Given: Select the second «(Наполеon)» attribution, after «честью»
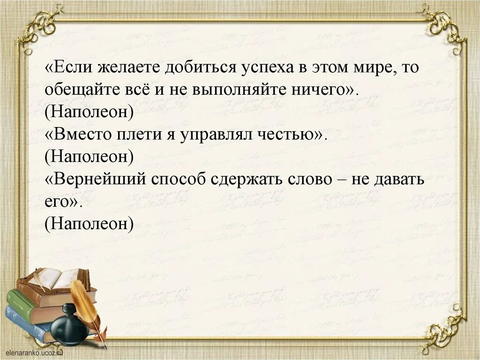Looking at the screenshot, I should (89, 157).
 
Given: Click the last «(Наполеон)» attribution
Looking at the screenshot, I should (89, 224).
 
